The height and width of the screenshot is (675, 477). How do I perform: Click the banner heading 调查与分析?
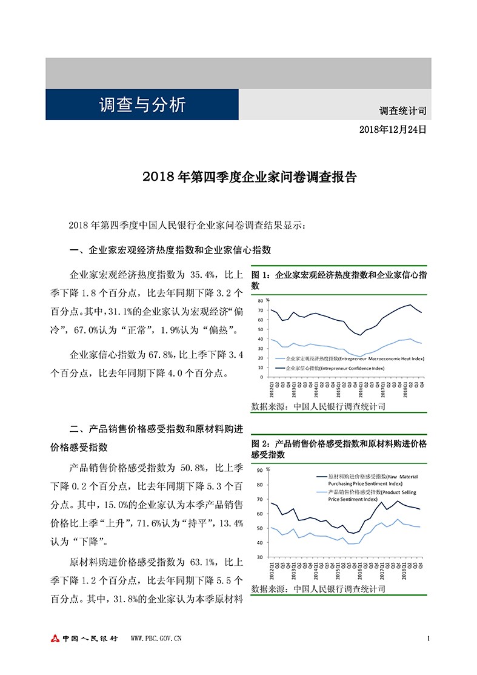pyautogui.click(x=142, y=105)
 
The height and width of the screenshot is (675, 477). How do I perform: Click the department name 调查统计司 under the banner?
pyautogui.click(x=402, y=112)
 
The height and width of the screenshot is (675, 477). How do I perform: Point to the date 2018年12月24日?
pyautogui.click(x=393, y=129)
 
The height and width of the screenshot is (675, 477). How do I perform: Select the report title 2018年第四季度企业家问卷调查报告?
pyautogui.click(x=249, y=178)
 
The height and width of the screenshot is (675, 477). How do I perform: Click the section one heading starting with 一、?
pyautogui.click(x=170, y=250)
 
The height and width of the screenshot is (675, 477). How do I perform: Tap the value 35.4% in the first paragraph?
pyautogui.click(x=203, y=274)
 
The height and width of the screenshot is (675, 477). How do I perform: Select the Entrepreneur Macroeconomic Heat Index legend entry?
pyautogui.click(x=349, y=359)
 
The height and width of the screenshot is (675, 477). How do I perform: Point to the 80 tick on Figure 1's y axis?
pyautogui.click(x=259, y=301)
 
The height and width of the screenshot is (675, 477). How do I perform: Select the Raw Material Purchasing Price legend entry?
pyautogui.click(x=367, y=480)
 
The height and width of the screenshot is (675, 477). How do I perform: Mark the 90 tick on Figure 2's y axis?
pyautogui.click(x=259, y=471)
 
